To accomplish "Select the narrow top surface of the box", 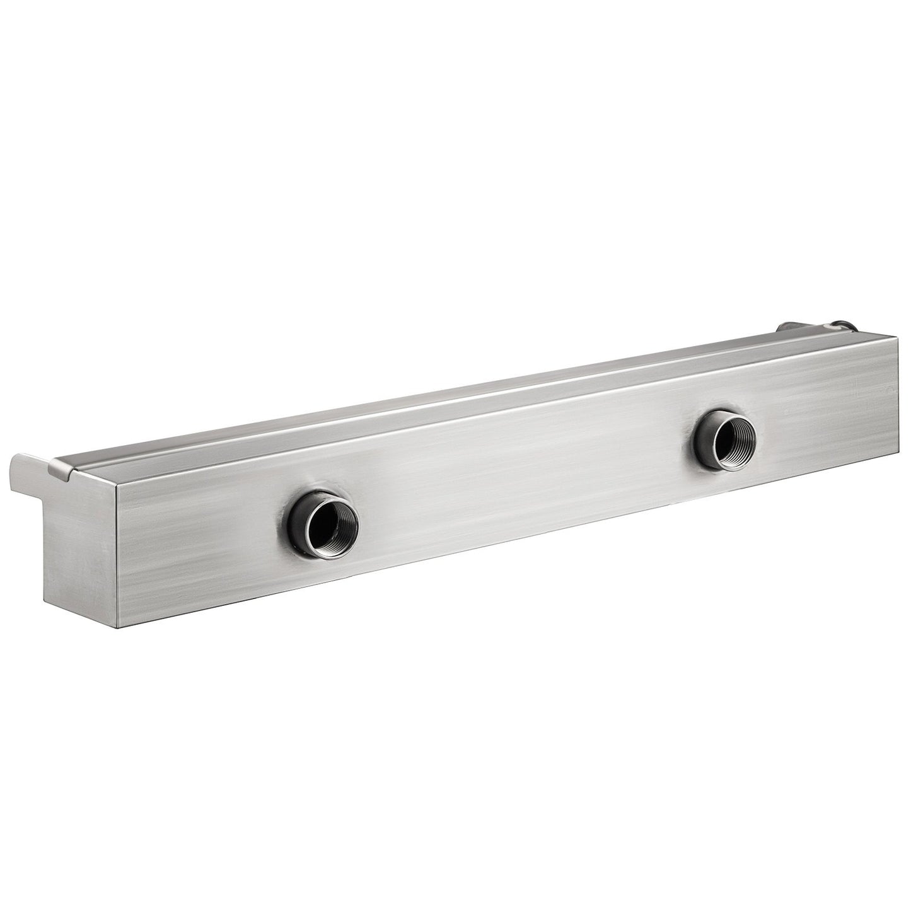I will pos(441,410).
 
